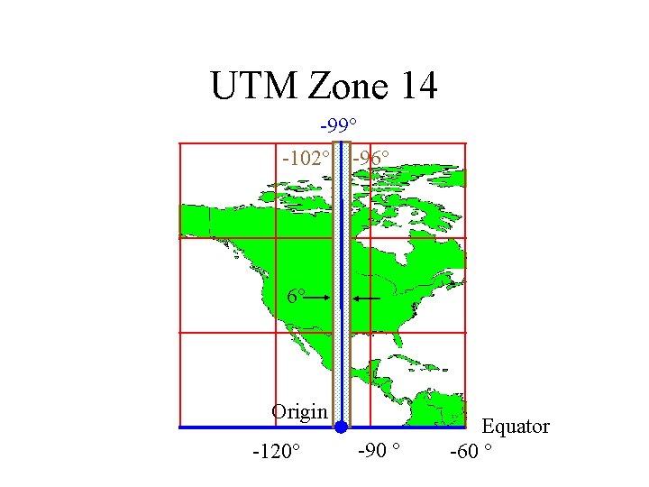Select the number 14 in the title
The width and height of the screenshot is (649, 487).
pos(415,86)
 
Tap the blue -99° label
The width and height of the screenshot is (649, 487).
pos(339,124)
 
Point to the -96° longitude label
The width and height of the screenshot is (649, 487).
pos(371,158)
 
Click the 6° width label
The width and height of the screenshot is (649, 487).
pos(296,296)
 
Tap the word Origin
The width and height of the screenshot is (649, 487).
pos(299,412)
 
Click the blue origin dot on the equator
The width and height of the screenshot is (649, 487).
pos(341,427)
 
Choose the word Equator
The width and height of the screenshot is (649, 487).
pos(516,427)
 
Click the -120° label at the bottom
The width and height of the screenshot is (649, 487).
pos(276,450)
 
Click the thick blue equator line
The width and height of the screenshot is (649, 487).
pos(252,427)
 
